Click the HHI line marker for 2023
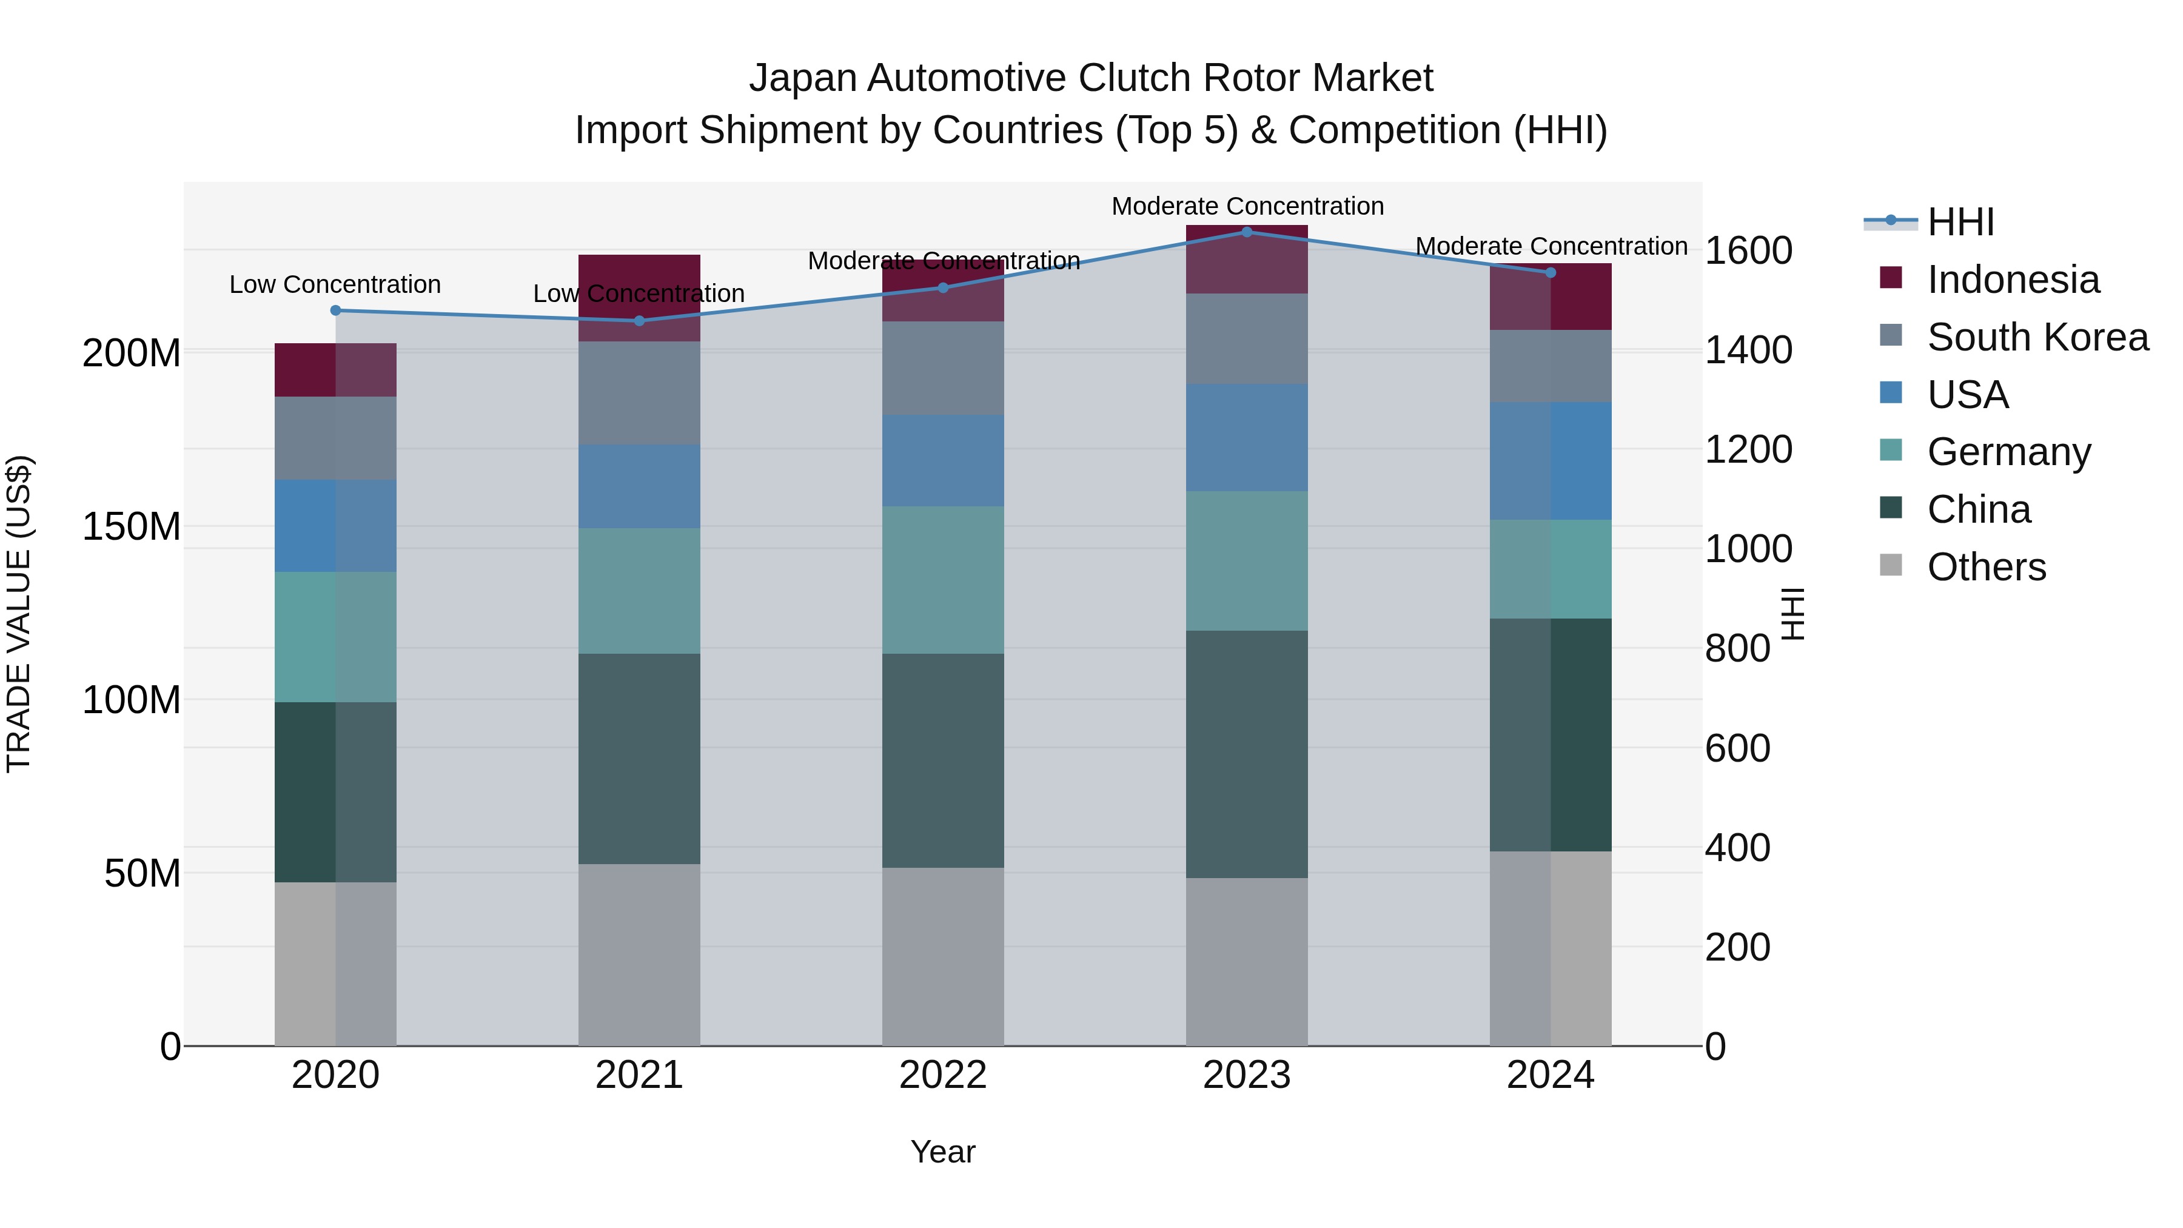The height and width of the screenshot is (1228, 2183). pyautogui.click(x=1247, y=232)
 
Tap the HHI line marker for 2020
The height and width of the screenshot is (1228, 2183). pyautogui.click(x=335, y=310)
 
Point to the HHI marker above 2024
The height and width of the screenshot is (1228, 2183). pyautogui.click(x=1551, y=273)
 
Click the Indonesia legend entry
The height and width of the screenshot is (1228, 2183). pyautogui.click(x=2013, y=280)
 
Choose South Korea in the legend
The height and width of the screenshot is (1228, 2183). pyautogui.click(x=2037, y=337)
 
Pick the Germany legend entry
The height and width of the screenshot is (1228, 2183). pyautogui.click(x=2008, y=452)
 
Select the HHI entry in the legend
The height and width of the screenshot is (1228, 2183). pyautogui.click(x=1960, y=222)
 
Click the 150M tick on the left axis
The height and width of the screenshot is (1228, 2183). pyautogui.click(x=132, y=526)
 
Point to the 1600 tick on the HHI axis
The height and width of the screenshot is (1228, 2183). pyautogui.click(x=1748, y=251)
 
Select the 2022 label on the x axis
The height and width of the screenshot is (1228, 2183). pyautogui.click(x=942, y=1075)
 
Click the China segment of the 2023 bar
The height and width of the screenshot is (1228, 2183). pyautogui.click(x=1247, y=754)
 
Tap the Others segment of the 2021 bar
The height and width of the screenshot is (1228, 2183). pyautogui.click(x=639, y=955)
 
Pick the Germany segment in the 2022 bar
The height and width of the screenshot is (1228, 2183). pyautogui.click(x=942, y=580)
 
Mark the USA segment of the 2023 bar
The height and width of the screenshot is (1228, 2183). pyautogui.click(x=1247, y=437)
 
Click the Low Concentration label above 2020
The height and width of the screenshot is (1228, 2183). pyautogui.click(x=335, y=285)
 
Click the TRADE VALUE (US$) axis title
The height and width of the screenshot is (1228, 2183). pyautogui.click(x=19, y=614)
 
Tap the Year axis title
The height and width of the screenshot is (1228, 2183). pyautogui.click(x=942, y=1153)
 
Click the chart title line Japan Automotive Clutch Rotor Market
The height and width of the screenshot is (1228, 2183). pyautogui.click(x=1091, y=78)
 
